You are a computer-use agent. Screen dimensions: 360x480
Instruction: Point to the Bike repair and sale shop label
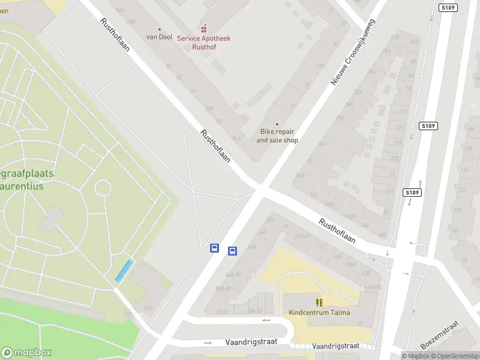[277, 136]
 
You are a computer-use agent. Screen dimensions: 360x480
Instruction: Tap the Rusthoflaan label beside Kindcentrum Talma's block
[337, 230]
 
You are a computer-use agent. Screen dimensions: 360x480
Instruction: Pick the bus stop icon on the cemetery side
[214, 248]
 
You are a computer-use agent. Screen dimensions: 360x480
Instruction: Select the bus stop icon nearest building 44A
[233, 251]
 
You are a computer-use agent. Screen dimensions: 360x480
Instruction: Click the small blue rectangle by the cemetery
[124, 271]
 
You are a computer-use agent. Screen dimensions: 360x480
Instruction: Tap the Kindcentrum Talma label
[319, 313]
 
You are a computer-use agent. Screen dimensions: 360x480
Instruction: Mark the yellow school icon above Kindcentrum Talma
[319, 302]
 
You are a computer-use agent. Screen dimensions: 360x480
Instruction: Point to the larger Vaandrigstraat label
[251, 341]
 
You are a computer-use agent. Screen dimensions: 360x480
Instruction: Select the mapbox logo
[26, 352]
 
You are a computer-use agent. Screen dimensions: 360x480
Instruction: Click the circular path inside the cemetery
[103, 188]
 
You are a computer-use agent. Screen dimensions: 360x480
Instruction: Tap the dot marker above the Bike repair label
[277, 124]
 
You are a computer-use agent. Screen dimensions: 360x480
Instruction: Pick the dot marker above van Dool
[159, 29]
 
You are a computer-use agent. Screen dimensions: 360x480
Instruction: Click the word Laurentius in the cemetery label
[26, 186]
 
